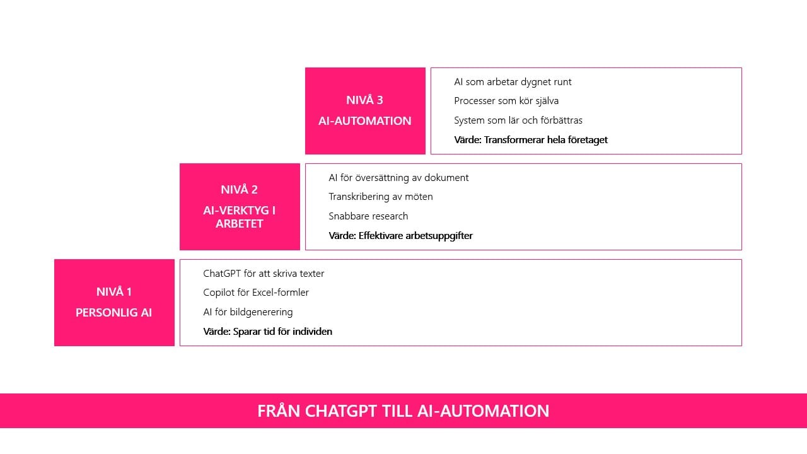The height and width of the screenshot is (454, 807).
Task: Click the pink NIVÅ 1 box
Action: pyautogui.click(x=114, y=302)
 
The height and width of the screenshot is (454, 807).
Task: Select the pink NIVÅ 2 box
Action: pyautogui.click(x=240, y=206)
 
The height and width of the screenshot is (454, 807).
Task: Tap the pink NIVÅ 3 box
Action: pyautogui.click(x=365, y=110)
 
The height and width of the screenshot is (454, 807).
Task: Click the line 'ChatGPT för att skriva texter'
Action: pyautogui.click(x=264, y=274)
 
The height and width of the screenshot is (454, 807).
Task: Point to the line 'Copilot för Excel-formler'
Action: pyautogui.click(x=256, y=293)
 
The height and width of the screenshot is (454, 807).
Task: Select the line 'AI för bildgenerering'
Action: pyautogui.click(x=248, y=312)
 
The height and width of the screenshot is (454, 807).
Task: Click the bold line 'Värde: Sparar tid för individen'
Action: pyautogui.click(x=267, y=332)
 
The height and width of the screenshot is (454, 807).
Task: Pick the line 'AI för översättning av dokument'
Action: pyautogui.click(x=398, y=178)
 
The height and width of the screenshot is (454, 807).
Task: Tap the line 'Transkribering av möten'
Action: pyautogui.click(x=380, y=197)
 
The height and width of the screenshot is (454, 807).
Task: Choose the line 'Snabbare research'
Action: pyautogui.click(x=368, y=216)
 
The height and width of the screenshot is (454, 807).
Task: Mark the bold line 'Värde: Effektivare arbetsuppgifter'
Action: pyautogui.click(x=400, y=236)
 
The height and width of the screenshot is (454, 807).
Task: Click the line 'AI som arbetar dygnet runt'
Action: pyautogui.click(x=513, y=82)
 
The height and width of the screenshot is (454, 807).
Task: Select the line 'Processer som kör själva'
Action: pyautogui.click(x=506, y=101)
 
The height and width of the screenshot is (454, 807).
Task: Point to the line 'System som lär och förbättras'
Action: pyautogui.click(x=518, y=120)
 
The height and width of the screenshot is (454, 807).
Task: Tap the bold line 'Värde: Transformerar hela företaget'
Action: pyautogui.click(x=531, y=140)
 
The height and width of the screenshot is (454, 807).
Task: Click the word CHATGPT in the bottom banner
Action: pyautogui.click(x=340, y=411)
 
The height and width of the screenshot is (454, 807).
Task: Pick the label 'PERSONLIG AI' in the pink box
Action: pyautogui.click(x=113, y=313)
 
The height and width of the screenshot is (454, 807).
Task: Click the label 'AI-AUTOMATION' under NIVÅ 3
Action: pyautogui.click(x=365, y=121)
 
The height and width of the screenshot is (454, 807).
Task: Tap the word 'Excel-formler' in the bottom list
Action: pyautogui.click(x=280, y=293)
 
